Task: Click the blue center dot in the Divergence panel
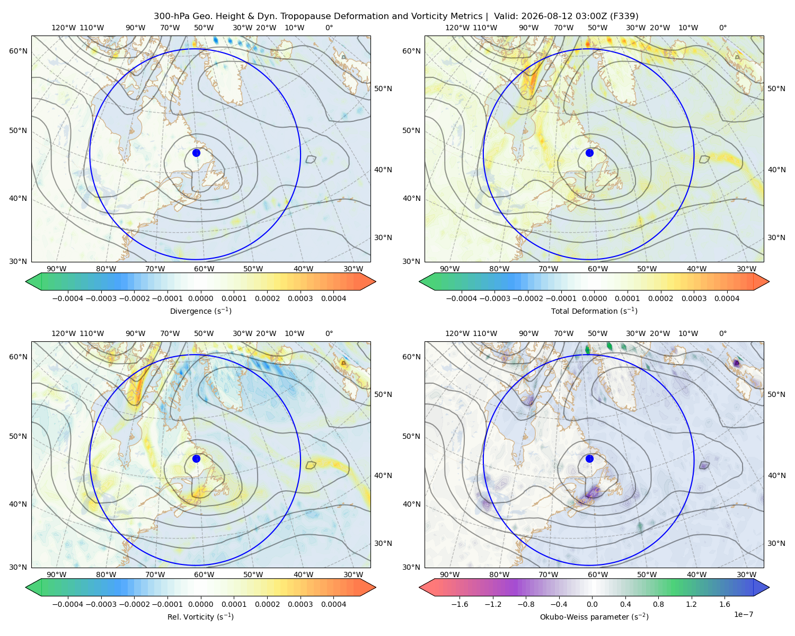pyautogui.click(x=196, y=153)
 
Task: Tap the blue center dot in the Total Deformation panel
pyautogui.click(x=589, y=153)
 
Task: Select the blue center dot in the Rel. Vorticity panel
pyautogui.click(x=196, y=458)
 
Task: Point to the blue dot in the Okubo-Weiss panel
pyautogui.click(x=589, y=458)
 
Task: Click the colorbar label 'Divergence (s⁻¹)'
pyautogui.click(x=200, y=311)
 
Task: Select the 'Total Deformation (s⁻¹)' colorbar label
pyautogui.click(x=594, y=311)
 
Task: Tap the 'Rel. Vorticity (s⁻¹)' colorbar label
pyautogui.click(x=200, y=617)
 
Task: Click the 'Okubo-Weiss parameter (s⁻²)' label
pyautogui.click(x=594, y=617)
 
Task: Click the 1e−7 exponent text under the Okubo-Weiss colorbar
pyautogui.click(x=743, y=614)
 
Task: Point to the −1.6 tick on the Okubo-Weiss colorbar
pyautogui.click(x=460, y=604)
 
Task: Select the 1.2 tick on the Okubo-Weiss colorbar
pyautogui.click(x=692, y=604)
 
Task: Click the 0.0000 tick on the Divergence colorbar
pyautogui.click(x=200, y=298)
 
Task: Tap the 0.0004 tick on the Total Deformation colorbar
pyautogui.click(x=727, y=298)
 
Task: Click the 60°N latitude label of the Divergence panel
pyautogui.click(x=18, y=51)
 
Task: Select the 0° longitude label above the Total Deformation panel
pyautogui.click(x=722, y=28)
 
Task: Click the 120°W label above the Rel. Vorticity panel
pyautogui.click(x=64, y=333)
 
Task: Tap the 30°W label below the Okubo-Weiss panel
pyautogui.click(x=746, y=575)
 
